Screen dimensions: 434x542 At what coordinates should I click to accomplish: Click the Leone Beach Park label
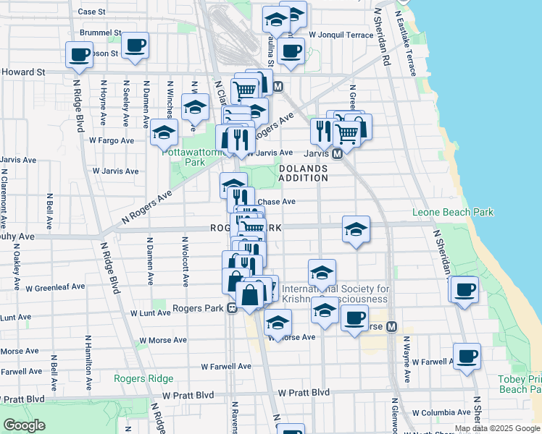tap(453, 212)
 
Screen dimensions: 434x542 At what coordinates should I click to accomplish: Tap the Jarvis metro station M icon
tap(337, 154)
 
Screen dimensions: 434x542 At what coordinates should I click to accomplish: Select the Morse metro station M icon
tap(392, 326)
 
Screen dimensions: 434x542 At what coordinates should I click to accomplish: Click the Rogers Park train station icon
tap(232, 308)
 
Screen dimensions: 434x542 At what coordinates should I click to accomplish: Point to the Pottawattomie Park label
tap(184, 157)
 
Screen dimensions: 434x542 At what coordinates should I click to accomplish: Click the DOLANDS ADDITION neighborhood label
tap(303, 173)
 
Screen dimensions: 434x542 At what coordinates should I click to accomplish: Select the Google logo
tap(23, 425)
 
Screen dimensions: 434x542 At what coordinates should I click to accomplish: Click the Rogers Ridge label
tap(143, 378)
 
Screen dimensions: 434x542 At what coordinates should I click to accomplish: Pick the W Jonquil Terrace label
tap(341, 34)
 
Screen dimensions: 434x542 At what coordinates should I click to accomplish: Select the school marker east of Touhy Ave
tap(356, 229)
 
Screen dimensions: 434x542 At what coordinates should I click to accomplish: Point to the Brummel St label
tap(100, 33)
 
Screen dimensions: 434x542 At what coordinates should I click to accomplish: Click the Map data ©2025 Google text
tap(497, 428)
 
